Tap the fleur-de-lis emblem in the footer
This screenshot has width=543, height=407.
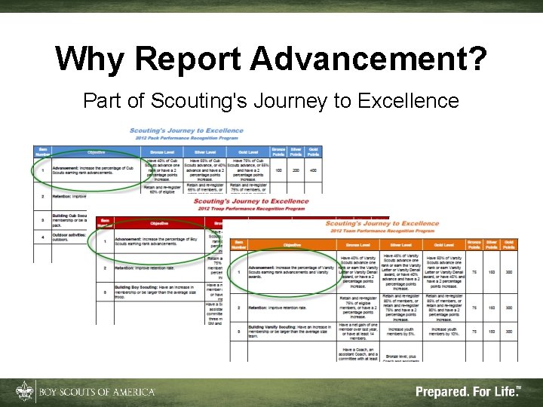pyautogui.click(x=23, y=392)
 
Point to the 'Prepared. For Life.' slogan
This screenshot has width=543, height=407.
pyautogui.click(x=467, y=392)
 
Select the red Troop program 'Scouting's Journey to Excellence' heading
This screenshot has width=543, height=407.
pyautogui.click(x=250, y=201)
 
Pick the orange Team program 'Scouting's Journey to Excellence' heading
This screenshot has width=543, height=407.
pyautogui.click(x=382, y=224)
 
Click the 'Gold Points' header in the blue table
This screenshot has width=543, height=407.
pyautogui.click(x=313, y=151)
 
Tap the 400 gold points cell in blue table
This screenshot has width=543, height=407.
pyautogui.click(x=313, y=170)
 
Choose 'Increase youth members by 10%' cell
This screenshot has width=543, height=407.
pyautogui.click(x=443, y=329)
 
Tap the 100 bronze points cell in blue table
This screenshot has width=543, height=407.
pyautogui.click(x=278, y=170)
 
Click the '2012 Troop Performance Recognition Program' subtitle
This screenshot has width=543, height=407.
pyautogui.click(x=250, y=209)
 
